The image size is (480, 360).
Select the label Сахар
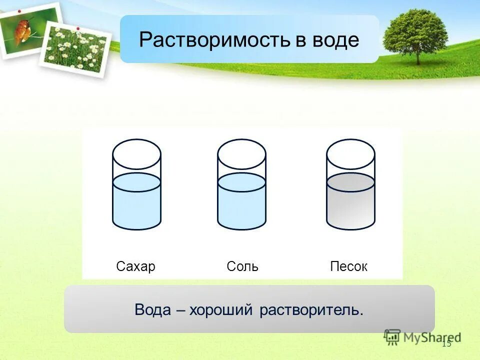(x=135, y=266)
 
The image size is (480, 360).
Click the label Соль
(x=242, y=266)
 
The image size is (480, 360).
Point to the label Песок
(x=349, y=266)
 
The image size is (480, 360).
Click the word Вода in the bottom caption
(x=152, y=309)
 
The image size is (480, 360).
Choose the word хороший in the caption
(x=222, y=309)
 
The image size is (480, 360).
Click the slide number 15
(x=446, y=343)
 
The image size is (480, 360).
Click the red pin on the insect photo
(x=18, y=11)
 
